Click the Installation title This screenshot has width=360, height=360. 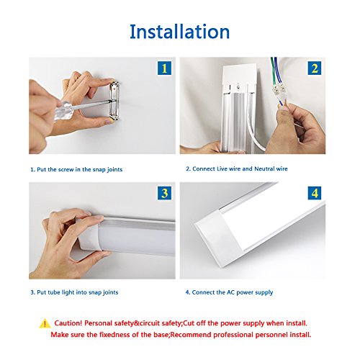179,32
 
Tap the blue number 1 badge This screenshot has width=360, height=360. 164,68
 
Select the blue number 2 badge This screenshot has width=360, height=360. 315,68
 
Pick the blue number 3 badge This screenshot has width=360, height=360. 164,193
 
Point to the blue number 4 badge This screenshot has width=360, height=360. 315,193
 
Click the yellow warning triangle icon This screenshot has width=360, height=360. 45,324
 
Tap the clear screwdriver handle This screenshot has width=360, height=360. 63,112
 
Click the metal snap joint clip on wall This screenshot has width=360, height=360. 114,100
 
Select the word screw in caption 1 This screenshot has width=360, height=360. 66,169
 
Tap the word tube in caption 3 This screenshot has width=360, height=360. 54,292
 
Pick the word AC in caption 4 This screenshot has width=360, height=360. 231,292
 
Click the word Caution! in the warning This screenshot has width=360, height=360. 68,323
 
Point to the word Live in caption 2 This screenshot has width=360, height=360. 222,168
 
